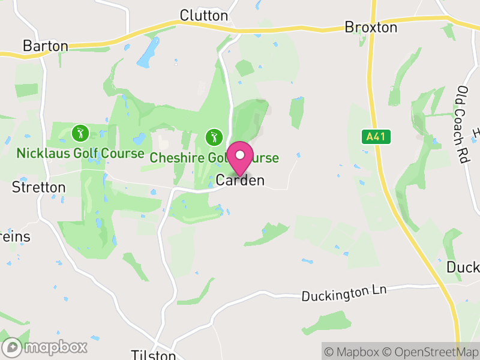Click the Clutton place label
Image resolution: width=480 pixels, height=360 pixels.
pyautogui.click(x=204, y=16)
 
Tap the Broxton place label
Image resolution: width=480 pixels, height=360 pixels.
pyautogui.click(x=371, y=28)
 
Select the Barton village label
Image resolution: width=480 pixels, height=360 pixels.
pyautogui.click(x=45, y=46)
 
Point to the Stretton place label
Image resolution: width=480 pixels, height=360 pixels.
pyautogui.click(x=39, y=187)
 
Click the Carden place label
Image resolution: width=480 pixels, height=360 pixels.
pyautogui.click(x=240, y=180)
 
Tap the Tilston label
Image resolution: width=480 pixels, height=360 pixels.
pyautogui.click(x=153, y=355)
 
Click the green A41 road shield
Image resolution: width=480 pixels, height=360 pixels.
pyautogui.click(x=376, y=137)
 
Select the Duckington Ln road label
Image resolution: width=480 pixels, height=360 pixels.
pyautogui.click(x=344, y=293)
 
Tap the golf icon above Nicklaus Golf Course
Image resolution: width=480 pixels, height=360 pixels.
pyautogui.click(x=80, y=132)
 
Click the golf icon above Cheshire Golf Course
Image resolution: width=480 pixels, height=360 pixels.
pyautogui.click(x=214, y=137)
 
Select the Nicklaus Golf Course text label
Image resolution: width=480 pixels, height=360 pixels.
pyautogui.click(x=80, y=153)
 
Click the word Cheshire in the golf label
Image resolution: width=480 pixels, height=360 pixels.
pyautogui.click(x=174, y=158)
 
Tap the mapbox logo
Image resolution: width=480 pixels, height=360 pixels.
pyautogui.click(x=45, y=347)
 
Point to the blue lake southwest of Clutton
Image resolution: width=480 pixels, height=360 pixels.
pyautogui.click(x=148, y=53)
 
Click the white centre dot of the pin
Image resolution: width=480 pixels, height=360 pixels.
pyautogui.click(x=240, y=154)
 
